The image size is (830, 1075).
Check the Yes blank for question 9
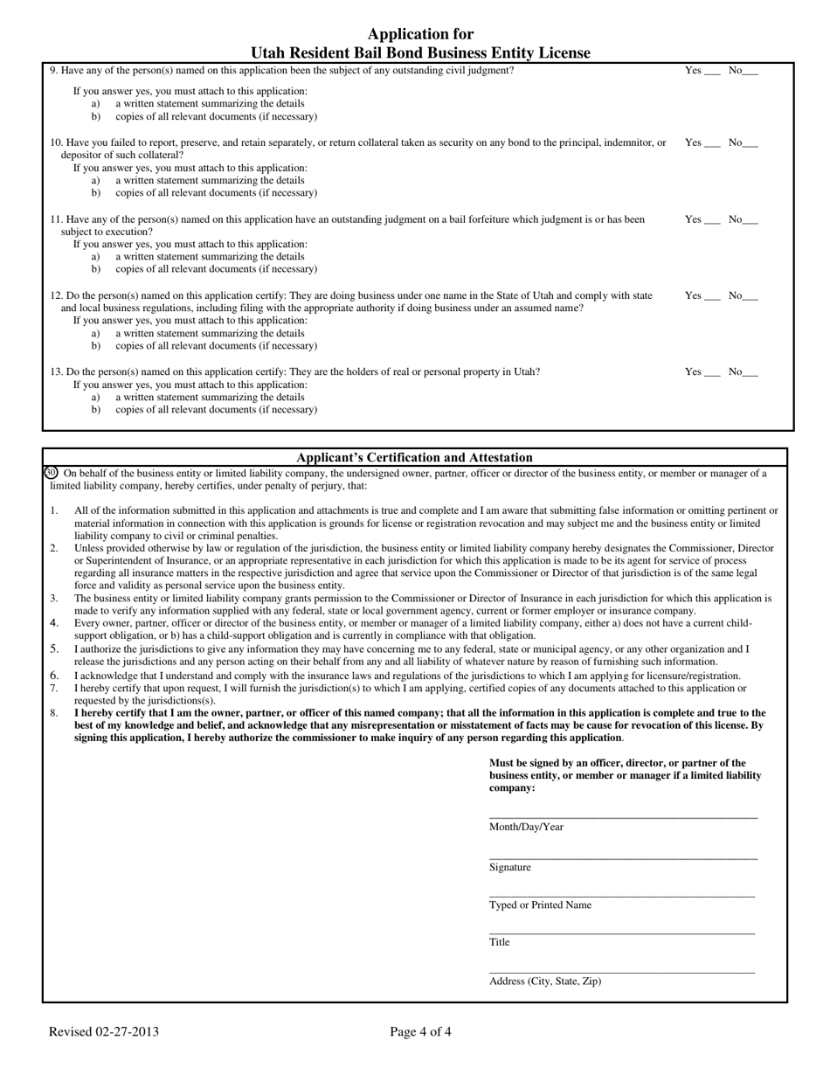pyautogui.click(x=712, y=72)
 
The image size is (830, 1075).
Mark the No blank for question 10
pyautogui.click(x=750, y=144)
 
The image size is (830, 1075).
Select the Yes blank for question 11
pyautogui.click(x=712, y=221)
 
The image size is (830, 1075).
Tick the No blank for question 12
pyautogui.click(x=750, y=297)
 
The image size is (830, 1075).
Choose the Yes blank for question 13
pyautogui.click(x=712, y=373)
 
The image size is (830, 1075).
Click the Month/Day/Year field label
pyautogui.click(x=526, y=827)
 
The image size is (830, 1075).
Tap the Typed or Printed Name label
pyautogui.click(x=540, y=905)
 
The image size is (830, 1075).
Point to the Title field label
pyautogui.click(x=499, y=942)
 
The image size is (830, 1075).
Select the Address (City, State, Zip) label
pyautogui.click(x=545, y=981)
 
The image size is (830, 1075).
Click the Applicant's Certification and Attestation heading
pyautogui.click(x=414, y=457)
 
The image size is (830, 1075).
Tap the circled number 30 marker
pyautogui.click(x=51, y=473)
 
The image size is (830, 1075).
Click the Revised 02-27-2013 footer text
pyautogui.click(x=104, y=1032)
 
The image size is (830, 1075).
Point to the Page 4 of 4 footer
pyautogui.click(x=420, y=1032)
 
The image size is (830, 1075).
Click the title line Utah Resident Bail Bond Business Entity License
pyautogui.click(x=420, y=53)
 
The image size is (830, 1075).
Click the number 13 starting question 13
pyautogui.click(x=56, y=372)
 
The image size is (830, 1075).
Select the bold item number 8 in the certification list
pyautogui.click(x=54, y=713)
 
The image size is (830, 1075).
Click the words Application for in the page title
pyautogui.click(x=420, y=34)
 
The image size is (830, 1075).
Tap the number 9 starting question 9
pyautogui.click(x=53, y=71)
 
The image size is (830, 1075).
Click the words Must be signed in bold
pyautogui.click(x=522, y=763)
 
